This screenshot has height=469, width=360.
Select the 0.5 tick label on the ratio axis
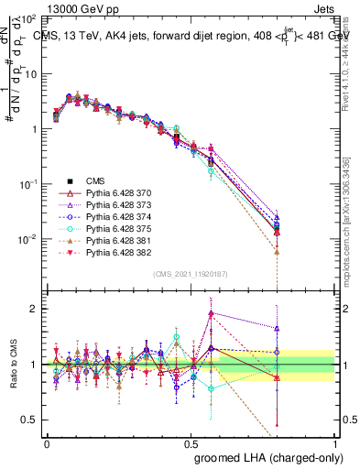pos(30,420)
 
